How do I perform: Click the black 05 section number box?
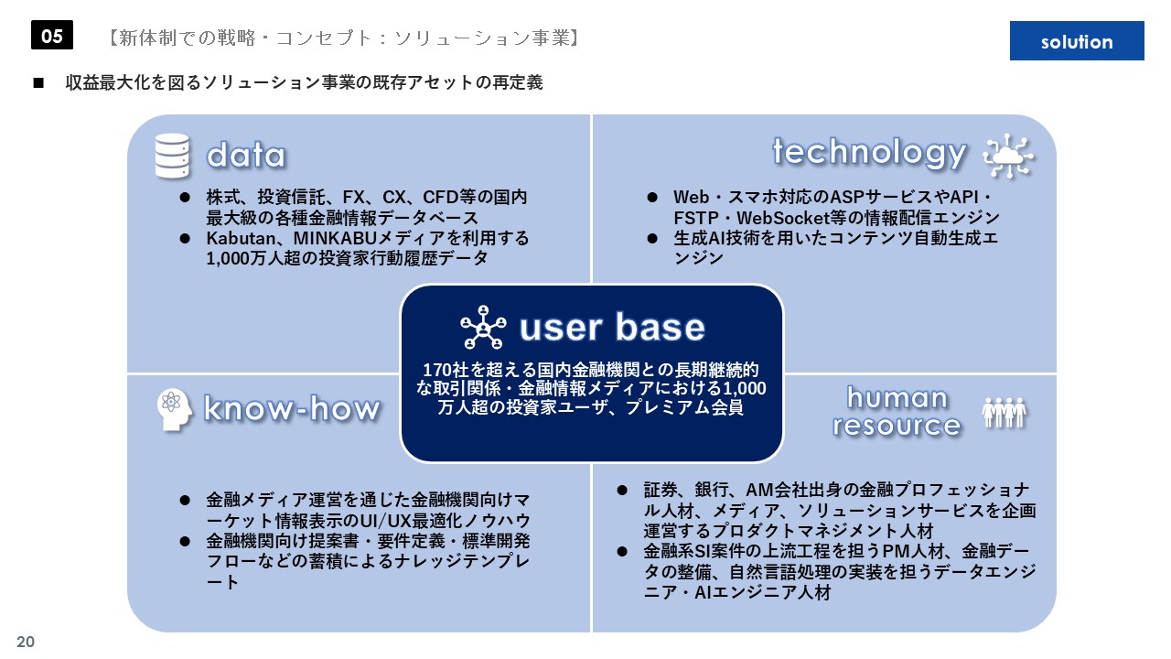[52, 35]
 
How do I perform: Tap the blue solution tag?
[1077, 41]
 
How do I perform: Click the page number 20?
[26, 642]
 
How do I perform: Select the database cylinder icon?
[172, 156]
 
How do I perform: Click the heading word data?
[246, 156]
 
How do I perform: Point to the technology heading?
[869, 153]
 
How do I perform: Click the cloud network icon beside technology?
[1008, 156]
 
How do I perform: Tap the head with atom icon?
[174, 409]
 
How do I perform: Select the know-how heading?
[292, 408]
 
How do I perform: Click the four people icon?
[1004, 413]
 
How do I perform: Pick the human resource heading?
[897, 412]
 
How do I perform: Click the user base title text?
[612, 328]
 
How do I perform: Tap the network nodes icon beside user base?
[483, 328]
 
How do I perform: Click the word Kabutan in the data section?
[241, 239]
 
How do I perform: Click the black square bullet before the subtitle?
[38, 82]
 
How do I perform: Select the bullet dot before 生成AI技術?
[652, 239]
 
